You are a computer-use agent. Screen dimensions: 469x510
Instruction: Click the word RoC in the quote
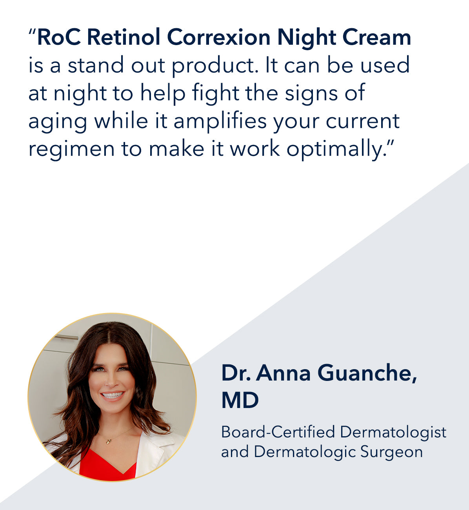[59, 37]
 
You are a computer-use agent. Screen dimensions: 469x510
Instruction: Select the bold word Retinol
[124, 37]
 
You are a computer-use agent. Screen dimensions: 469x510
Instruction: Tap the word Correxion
[218, 37]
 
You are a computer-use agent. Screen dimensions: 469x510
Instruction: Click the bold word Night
[307, 38]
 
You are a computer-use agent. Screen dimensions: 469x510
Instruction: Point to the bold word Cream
[377, 37]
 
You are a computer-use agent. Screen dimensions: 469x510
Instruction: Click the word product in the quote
[215, 66]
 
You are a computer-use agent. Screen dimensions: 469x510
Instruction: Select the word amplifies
[220, 122]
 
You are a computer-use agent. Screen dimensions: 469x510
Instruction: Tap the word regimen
[71, 150]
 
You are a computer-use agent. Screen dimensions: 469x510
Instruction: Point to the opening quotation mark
[32, 32]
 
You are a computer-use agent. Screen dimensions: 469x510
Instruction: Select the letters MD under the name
[240, 401]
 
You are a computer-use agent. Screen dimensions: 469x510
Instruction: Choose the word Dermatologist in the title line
[393, 433]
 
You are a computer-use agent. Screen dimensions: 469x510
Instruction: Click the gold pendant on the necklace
[108, 442]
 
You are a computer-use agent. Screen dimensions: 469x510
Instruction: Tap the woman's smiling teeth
[112, 395]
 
